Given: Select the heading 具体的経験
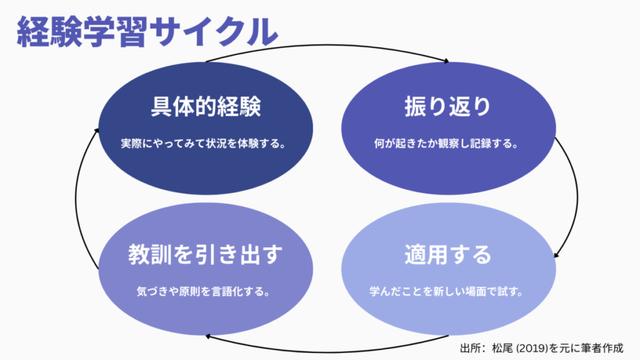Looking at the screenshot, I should (206, 107).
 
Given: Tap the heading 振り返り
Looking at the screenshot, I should (447, 107).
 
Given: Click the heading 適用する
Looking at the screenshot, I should (447, 255).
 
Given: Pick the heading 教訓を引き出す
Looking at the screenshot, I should (206, 255).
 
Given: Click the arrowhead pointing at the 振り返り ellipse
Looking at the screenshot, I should (446, 61).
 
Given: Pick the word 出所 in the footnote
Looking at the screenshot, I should (469, 347).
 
